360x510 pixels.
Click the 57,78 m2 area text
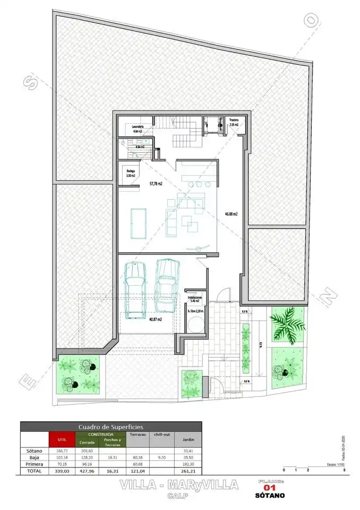point(156,184)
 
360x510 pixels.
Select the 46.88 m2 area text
point(230,214)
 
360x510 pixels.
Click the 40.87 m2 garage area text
point(155,319)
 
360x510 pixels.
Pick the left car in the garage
point(135,290)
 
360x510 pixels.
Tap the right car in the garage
point(166,285)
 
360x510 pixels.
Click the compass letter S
point(31,81)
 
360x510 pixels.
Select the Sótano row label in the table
point(33,450)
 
